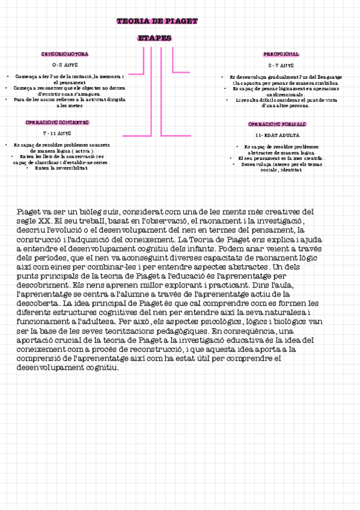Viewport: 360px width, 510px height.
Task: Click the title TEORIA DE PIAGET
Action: click(x=157, y=21)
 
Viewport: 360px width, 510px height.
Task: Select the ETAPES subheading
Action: click(x=154, y=38)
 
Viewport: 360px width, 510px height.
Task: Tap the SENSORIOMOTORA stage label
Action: click(x=65, y=54)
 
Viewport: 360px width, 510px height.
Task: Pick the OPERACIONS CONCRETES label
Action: click(x=57, y=122)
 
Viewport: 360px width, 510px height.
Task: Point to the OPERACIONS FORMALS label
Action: click(x=277, y=124)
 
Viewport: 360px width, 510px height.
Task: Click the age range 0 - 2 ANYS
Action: click(x=65, y=64)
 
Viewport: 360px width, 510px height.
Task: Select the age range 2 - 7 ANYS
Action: click(x=281, y=64)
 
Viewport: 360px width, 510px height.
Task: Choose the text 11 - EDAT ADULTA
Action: click(x=277, y=135)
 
